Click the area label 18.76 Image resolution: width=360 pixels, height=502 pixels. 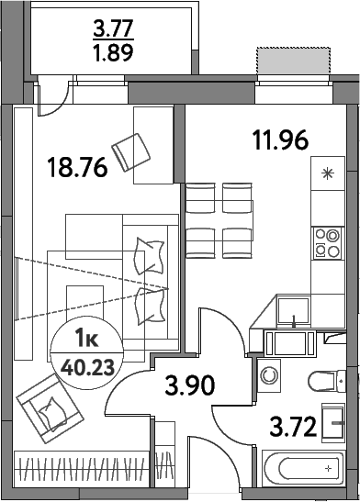pos(77,167)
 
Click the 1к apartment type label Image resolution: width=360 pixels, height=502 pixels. pos(83,341)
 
